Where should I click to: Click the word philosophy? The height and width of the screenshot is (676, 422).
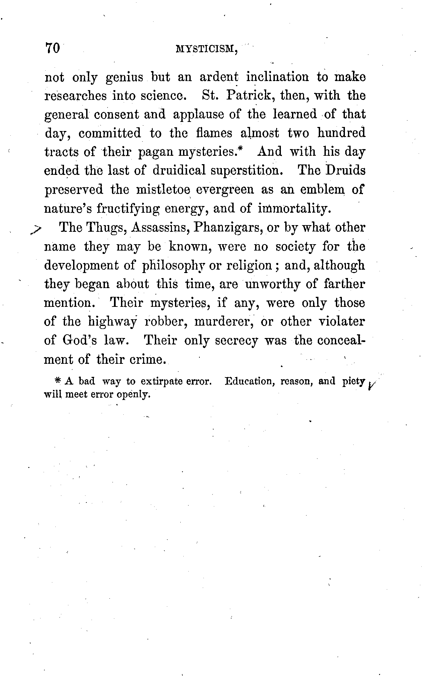pos(174,265)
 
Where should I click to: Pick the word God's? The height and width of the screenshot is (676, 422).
pos(80,340)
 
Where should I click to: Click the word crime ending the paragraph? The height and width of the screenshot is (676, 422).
pos(147,359)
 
